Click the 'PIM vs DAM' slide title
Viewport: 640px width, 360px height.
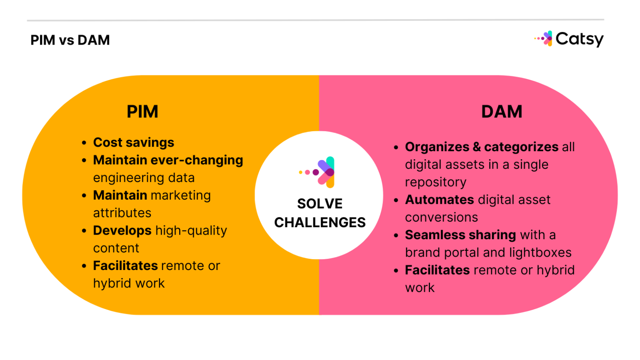[70, 40]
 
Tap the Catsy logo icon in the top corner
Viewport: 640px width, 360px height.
[546, 38]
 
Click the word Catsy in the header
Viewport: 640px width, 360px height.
[579, 39]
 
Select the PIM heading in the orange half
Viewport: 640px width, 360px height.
[142, 112]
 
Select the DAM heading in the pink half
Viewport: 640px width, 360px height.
[502, 112]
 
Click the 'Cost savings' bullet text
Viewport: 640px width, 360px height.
[133, 142]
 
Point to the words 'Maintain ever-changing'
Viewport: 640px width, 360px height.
[168, 160]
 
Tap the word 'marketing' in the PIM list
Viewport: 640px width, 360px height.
[181, 195]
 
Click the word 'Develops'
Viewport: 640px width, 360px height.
[122, 230]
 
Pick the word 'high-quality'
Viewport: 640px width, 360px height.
[191, 230]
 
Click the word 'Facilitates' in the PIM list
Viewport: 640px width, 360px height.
[125, 265]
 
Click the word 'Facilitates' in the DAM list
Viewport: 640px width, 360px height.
[437, 270]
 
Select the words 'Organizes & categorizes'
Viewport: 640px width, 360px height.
[482, 147]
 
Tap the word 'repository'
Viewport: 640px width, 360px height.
[435, 182]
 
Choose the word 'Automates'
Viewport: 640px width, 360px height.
[440, 200]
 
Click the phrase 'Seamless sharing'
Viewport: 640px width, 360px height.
[460, 235]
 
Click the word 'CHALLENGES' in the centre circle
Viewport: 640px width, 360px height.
[320, 222]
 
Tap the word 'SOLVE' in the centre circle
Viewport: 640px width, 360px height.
[320, 204]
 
